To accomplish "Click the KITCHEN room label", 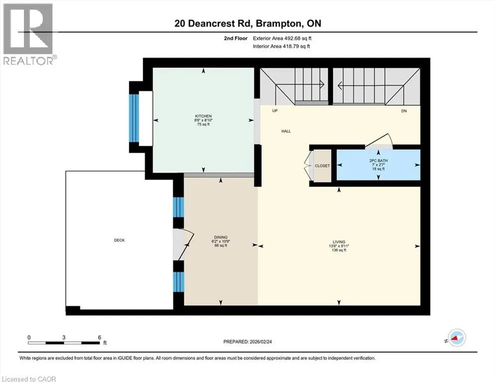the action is (203, 116).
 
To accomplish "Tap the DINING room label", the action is (221, 237).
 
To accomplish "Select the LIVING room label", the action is (339, 242).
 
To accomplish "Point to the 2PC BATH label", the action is (378, 161).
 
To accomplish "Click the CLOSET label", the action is (322, 166).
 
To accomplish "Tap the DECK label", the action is (119, 240).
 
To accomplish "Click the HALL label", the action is (286, 131).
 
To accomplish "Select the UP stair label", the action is (275, 111).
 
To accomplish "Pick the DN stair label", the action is (404, 111).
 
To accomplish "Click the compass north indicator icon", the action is (456, 338).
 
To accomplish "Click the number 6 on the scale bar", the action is (99, 337).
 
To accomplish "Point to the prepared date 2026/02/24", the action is (260, 342).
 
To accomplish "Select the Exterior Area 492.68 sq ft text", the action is (282, 38).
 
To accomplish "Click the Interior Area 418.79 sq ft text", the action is (281, 46).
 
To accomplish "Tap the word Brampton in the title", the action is (278, 23).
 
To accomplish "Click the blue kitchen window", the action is (134, 118).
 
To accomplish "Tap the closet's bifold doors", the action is (308, 166).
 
